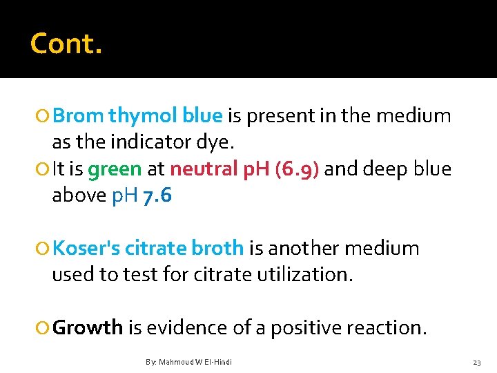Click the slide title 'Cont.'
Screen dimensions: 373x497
coord(66,44)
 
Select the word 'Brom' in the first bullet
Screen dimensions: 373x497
coord(78,115)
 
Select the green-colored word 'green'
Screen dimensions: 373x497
coord(115,169)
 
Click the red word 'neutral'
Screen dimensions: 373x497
coord(204,169)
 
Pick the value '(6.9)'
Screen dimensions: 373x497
coord(296,169)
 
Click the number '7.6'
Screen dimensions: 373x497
coord(157,196)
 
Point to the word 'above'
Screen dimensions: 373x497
coord(79,196)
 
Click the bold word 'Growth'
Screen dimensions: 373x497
coord(88,327)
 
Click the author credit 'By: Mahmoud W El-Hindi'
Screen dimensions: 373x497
coord(188,362)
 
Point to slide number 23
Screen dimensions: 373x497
coord(476,362)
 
